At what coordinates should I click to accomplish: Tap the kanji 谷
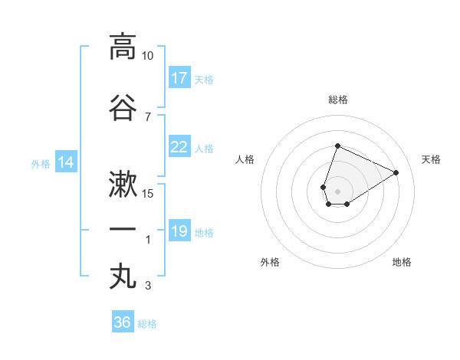[123, 107]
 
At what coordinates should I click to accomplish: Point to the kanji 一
[123, 230]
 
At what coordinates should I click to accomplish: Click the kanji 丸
[123, 277]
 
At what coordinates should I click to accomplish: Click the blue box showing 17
[179, 78]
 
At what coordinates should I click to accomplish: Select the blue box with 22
[179, 147]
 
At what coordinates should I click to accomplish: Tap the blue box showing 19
[179, 231]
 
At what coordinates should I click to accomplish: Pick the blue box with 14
[66, 162]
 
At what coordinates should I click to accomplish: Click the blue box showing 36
[123, 322]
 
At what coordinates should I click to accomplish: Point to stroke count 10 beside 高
[148, 56]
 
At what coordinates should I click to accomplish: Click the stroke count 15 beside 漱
[148, 193]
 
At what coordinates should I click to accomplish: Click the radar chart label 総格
[337, 100]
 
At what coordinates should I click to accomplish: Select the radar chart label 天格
[431, 159]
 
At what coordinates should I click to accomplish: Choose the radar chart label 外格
[270, 262]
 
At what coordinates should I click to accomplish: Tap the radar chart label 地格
[402, 262]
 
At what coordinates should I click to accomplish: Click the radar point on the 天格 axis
[396, 172]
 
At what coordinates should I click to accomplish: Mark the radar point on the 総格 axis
[337, 146]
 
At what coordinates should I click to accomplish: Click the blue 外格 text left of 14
[40, 163]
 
